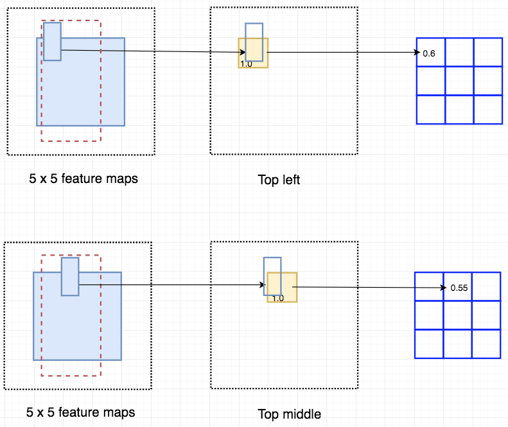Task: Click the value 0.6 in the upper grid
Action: (x=429, y=53)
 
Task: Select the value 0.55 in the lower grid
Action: (x=459, y=288)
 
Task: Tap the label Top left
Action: (x=279, y=180)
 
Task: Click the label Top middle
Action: (x=289, y=414)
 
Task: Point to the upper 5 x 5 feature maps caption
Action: (x=83, y=179)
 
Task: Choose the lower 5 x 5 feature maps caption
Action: (x=81, y=412)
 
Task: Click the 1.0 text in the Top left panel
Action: (x=246, y=64)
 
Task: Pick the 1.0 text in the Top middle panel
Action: (x=277, y=298)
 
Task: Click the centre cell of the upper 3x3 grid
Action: (x=459, y=80)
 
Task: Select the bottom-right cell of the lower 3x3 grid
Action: (x=486, y=344)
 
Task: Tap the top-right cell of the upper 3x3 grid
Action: (x=487, y=52)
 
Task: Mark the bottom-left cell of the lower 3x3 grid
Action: (x=429, y=344)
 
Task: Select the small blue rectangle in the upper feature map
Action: (x=52, y=41)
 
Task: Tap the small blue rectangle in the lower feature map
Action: (x=70, y=276)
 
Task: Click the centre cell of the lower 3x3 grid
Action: (x=457, y=315)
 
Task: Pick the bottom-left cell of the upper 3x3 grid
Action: (x=430, y=109)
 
